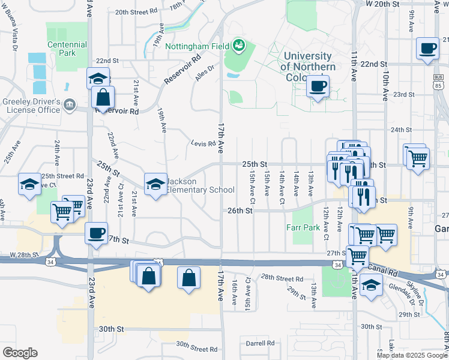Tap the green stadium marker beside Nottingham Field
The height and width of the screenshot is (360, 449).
[x=239, y=44]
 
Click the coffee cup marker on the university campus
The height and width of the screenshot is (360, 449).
[x=318, y=85]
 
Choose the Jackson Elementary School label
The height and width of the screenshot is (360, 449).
[x=200, y=185]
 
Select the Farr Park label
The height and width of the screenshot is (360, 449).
[x=303, y=228]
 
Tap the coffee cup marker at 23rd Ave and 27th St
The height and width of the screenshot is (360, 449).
[x=96, y=233]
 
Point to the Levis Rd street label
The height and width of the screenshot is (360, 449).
[x=203, y=143]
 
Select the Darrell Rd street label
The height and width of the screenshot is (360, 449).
[x=260, y=343]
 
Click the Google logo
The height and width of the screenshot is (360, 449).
[x=20, y=353]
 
